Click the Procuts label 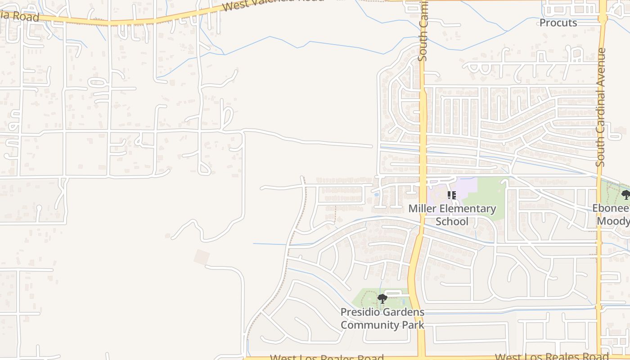click(x=558, y=23)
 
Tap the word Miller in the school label click(x=422, y=209)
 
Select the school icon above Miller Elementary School click(x=452, y=195)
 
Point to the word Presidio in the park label click(x=360, y=312)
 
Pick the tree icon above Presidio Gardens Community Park click(x=382, y=298)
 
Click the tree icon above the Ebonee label click(x=625, y=194)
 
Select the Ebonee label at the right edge click(x=611, y=208)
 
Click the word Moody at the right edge click(x=613, y=221)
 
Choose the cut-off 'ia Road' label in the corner click(x=20, y=17)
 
